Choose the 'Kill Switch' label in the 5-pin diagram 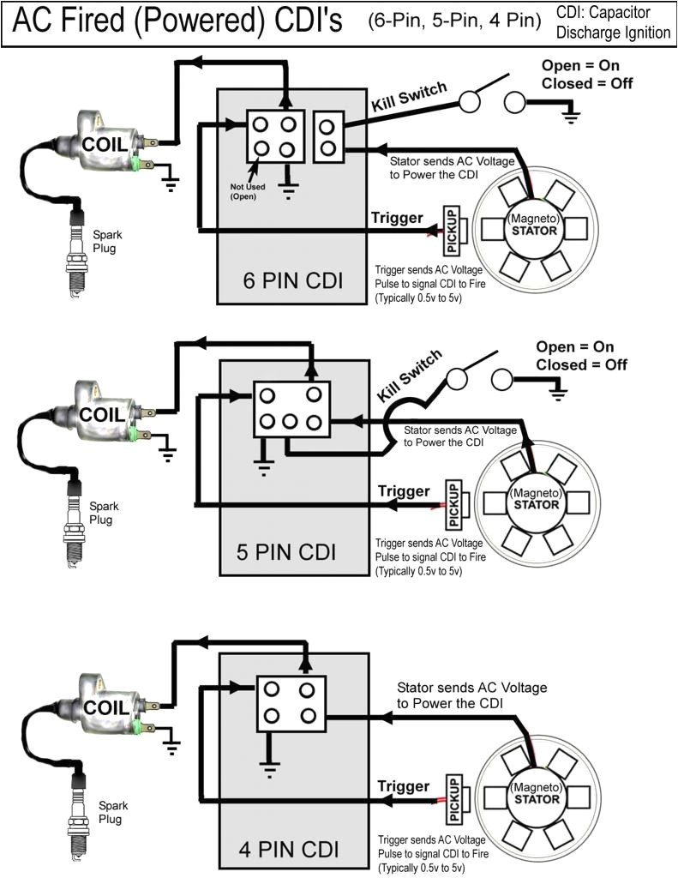pyautogui.click(x=410, y=374)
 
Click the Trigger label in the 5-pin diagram pyautogui.click(x=403, y=491)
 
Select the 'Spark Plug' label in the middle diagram pyautogui.click(x=105, y=512)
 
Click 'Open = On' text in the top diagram pyautogui.click(x=581, y=66)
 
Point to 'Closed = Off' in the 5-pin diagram pyautogui.click(x=581, y=364)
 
